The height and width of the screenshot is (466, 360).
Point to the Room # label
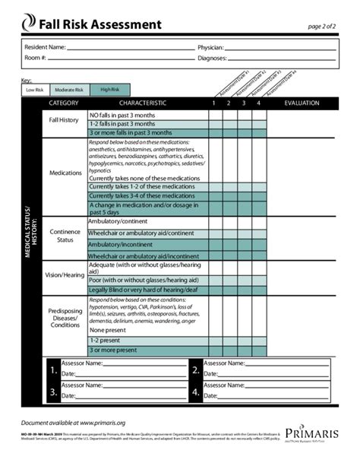36,58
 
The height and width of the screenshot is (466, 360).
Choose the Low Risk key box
35,90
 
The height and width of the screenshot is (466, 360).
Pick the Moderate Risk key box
68,90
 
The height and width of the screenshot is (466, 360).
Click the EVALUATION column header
302,103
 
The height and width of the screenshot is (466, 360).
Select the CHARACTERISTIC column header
142,103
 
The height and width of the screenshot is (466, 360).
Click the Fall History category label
65,120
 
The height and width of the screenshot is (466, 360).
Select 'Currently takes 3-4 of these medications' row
141,196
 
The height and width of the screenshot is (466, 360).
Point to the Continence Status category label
65,236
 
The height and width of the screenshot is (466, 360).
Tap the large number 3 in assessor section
52,393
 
